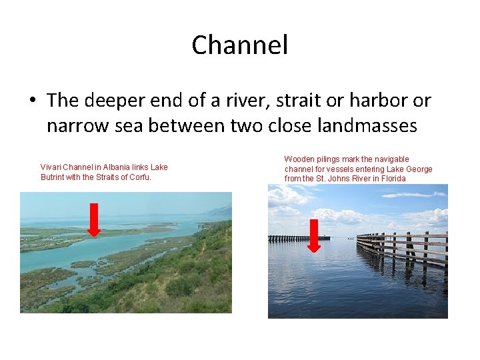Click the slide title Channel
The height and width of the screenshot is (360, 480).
240,45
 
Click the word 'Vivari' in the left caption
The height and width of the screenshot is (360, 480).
51,167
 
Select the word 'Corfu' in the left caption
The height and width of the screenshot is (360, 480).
140,177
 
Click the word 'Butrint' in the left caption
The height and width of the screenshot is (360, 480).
55,177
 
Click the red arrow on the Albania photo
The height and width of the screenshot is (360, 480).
94,219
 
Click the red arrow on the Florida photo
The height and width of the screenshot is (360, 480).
314,235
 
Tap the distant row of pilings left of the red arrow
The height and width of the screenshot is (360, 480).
289,238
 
